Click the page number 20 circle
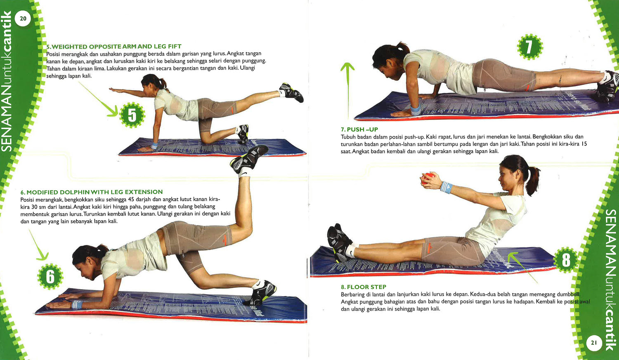[x=23, y=19]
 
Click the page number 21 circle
[x=594, y=343]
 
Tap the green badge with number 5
[x=132, y=115]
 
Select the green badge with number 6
[x=50, y=276]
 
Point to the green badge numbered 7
[x=530, y=47]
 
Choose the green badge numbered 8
[x=566, y=260]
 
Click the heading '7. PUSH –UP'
[x=359, y=129]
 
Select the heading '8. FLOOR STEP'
[x=364, y=287]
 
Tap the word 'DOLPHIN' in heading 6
[x=75, y=192]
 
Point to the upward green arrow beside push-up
[x=347, y=90]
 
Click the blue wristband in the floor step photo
[x=446, y=188]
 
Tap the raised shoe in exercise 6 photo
[x=249, y=159]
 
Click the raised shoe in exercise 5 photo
[x=291, y=92]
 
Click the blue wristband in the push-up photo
[x=415, y=110]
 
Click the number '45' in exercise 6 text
[x=131, y=199]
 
